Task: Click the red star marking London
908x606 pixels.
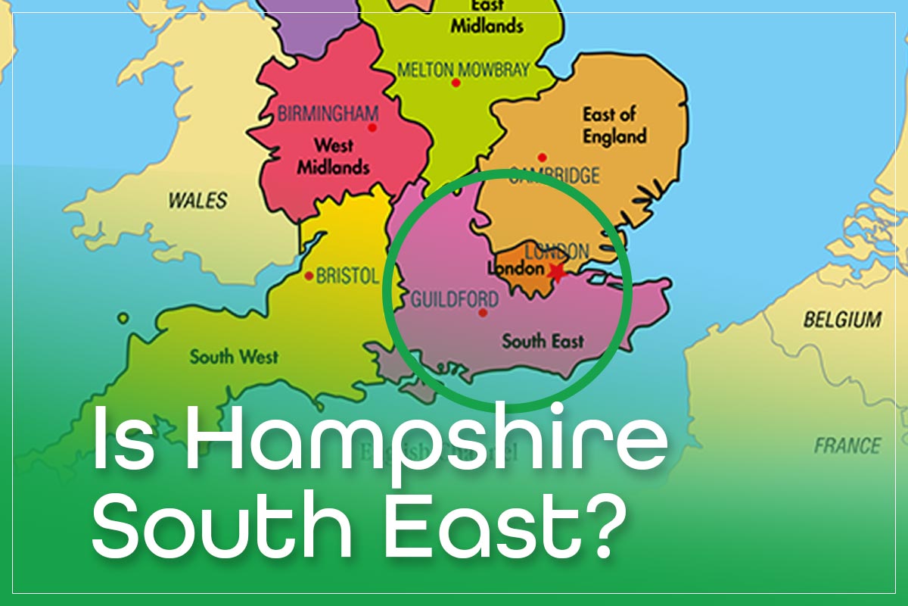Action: click(558, 272)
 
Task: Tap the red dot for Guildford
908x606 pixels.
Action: click(484, 312)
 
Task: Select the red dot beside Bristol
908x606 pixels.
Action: click(309, 276)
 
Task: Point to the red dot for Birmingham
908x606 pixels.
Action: click(372, 128)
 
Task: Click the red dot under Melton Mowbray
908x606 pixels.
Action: click(456, 83)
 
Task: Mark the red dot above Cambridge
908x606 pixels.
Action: click(542, 157)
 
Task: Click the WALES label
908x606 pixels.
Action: click(197, 201)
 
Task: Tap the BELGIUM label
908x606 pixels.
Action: click(842, 320)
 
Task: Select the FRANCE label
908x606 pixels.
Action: click(847, 445)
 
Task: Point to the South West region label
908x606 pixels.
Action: click(234, 356)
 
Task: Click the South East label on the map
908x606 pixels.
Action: click(543, 342)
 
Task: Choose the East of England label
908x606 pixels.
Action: click(614, 126)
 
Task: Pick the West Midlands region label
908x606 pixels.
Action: click(333, 156)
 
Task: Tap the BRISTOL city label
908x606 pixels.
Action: click(347, 276)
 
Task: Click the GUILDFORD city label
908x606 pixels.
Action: click(454, 299)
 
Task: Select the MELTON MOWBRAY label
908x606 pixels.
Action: click(463, 70)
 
